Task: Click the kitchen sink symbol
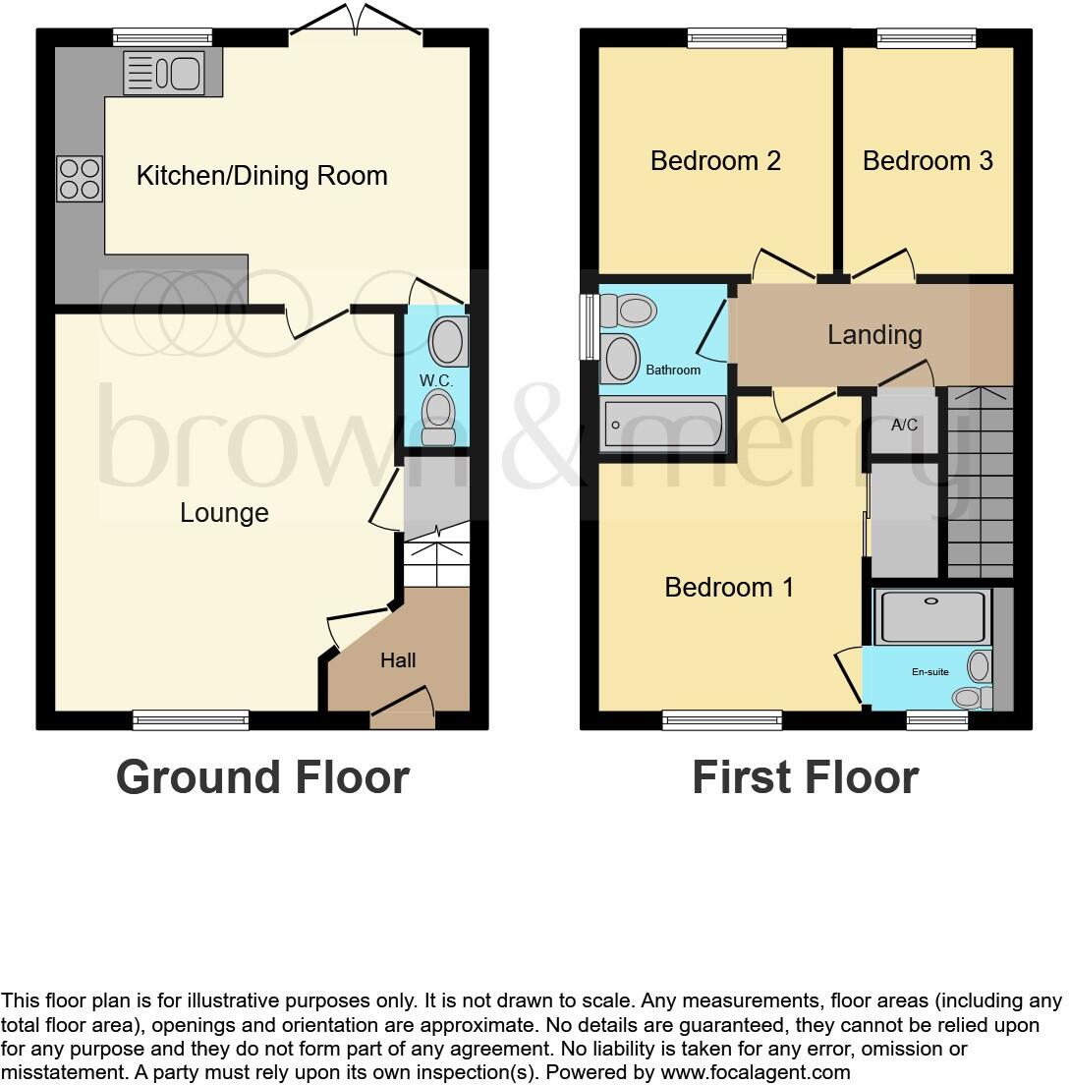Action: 164,73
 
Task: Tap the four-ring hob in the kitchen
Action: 80,178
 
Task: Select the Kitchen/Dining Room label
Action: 261,176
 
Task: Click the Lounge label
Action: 224,513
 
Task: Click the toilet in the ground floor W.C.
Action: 437,417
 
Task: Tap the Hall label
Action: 398,660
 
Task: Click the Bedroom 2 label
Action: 715,160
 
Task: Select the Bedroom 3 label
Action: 928,160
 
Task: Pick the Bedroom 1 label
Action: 729,587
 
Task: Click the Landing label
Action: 874,334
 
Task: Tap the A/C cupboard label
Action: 904,425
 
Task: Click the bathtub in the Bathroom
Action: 664,425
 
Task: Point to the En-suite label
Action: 929,672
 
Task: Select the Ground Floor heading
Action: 262,777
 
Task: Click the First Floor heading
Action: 805,777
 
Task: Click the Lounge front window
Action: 191,720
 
